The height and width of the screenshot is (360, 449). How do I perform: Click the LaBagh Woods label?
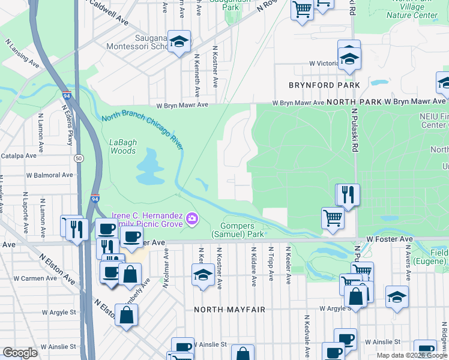tap(123, 146)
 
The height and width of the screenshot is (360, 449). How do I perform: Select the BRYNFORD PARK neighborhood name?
tap(324, 86)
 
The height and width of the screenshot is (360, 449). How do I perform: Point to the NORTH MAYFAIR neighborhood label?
tap(229, 310)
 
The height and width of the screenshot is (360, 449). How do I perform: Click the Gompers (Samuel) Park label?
tap(238, 229)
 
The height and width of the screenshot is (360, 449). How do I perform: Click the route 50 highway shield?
tap(79, 158)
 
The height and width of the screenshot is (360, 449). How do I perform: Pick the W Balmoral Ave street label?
tap(49, 175)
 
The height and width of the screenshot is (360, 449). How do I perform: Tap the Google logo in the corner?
tap(20, 353)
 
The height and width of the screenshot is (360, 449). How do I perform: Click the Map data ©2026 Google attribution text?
tap(412, 355)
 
